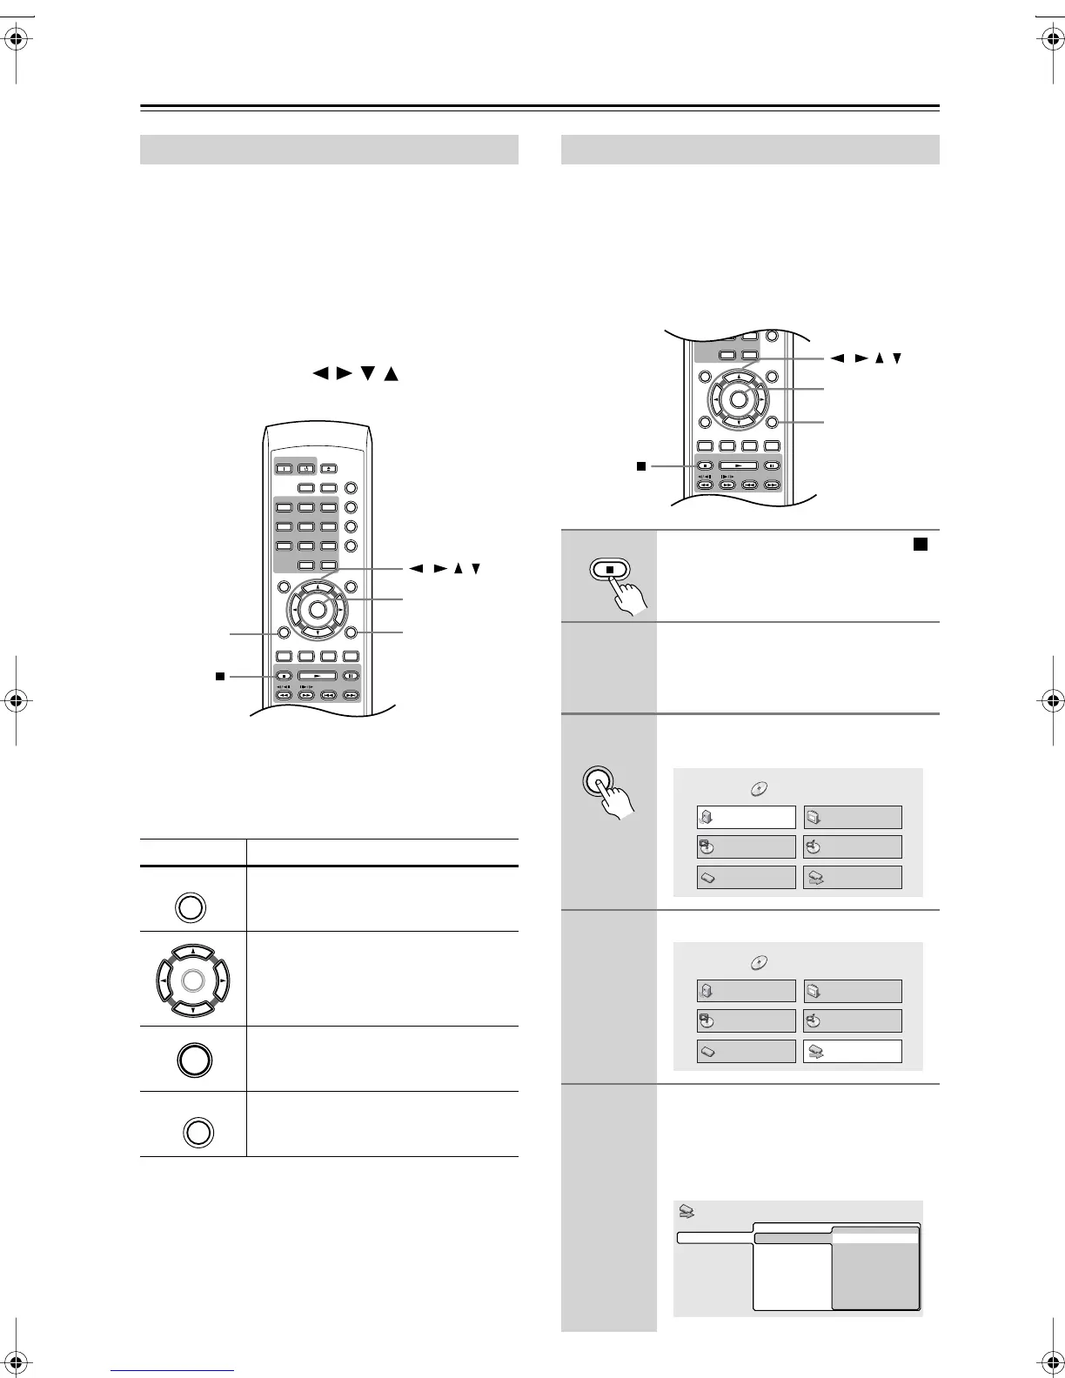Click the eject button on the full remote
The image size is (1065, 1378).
pyautogui.click(x=329, y=467)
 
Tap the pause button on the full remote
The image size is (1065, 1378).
pyautogui.click(x=351, y=675)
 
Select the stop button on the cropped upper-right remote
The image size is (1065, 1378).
pyautogui.click(x=706, y=465)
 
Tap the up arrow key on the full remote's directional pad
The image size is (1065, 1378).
pyautogui.click(x=318, y=587)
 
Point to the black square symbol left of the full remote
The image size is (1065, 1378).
pyautogui.click(x=220, y=675)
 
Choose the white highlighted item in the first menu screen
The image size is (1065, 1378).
pyautogui.click(x=746, y=817)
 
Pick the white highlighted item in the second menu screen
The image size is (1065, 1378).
pyautogui.click(x=852, y=1051)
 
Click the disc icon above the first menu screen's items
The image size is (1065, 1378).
pyautogui.click(x=759, y=789)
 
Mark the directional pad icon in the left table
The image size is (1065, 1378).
pyautogui.click(x=194, y=980)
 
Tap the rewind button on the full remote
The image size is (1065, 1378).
pyautogui.click(x=283, y=695)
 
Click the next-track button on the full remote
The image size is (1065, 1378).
pyautogui.click(x=351, y=695)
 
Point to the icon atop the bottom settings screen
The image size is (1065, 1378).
pyautogui.click(x=687, y=1211)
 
